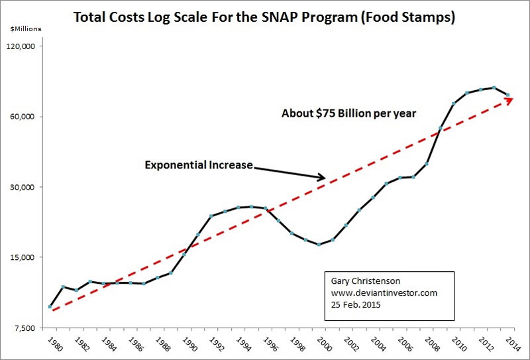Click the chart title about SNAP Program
(265, 18)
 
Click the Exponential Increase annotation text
(199, 164)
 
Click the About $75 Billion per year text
(348, 113)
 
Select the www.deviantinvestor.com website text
(383, 292)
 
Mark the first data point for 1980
(50, 306)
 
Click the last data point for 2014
(507, 95)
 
